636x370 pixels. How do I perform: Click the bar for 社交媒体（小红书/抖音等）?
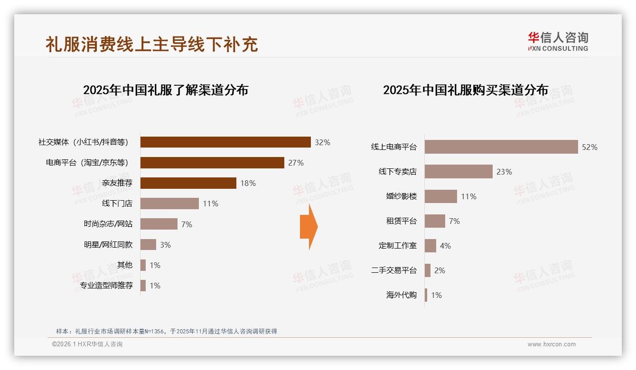225,142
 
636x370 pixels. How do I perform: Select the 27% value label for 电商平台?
296,163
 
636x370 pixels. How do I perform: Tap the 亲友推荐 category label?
117,183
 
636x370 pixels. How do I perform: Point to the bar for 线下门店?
169,203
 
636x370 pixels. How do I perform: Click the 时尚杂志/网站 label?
108,224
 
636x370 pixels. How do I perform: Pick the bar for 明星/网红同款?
148,245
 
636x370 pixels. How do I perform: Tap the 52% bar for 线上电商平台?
501,147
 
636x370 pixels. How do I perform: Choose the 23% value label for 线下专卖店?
504,172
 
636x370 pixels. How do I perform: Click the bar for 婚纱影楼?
441,196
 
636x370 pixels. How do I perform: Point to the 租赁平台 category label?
402,221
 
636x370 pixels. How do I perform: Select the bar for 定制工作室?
430,246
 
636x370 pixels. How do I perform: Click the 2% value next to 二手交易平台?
440,270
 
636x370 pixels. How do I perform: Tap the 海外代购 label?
402,295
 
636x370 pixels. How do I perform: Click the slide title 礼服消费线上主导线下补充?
151,44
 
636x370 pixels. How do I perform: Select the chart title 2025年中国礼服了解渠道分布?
166,90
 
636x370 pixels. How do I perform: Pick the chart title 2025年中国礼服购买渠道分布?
466,90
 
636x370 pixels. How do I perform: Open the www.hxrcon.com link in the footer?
552,344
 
